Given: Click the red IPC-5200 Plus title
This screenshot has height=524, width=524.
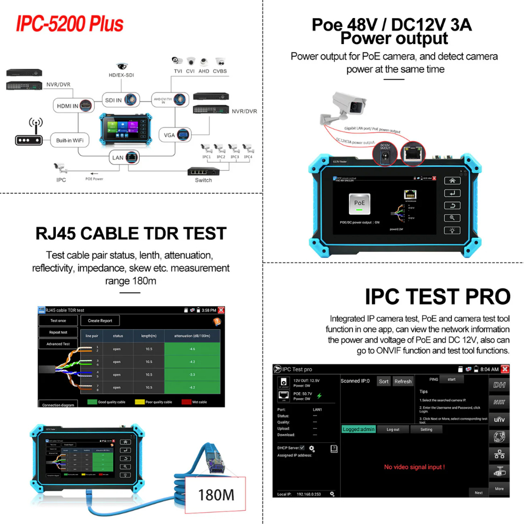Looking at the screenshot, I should (70, 24).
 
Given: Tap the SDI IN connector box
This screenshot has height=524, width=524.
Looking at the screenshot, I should (121, 99).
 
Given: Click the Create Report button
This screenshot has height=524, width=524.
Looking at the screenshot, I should (100, 320).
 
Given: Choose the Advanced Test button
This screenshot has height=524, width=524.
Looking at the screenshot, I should (58, 344).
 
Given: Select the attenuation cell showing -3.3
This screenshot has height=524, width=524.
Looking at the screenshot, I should (192, 375).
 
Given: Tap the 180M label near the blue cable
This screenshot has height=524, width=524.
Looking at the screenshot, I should (216, 495).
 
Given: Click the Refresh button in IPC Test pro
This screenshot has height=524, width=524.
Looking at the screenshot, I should (403, 381).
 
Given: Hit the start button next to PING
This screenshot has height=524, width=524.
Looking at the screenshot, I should (452, 379).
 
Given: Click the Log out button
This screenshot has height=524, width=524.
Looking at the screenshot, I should (393, 429).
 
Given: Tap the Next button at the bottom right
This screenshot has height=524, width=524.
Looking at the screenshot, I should (478, 493).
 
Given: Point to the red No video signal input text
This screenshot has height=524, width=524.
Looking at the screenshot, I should (414, 467).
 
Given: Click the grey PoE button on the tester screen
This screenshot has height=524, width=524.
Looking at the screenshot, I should (360, 204).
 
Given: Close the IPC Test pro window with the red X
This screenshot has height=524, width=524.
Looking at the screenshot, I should (504, 369).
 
